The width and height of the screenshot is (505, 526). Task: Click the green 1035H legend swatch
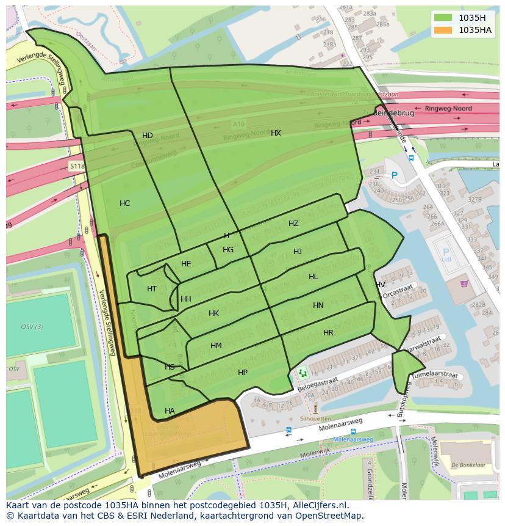pos(443,18)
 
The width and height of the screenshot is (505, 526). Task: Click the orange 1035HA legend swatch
pos(443,30)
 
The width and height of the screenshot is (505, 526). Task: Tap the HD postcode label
pos(148,136)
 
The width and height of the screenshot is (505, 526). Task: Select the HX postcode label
pos(276,133)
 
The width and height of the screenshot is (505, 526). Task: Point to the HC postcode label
pos(124,203)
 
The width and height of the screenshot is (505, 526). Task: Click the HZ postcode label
pos(293,224)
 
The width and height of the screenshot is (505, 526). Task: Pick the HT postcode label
pos(152,289)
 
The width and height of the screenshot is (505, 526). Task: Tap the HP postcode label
pos(243,373)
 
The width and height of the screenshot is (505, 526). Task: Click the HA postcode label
pos(170,411)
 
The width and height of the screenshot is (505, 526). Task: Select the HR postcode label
pos(328,333)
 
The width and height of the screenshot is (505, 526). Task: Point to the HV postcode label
pos(380,285)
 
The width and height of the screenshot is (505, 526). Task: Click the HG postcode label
pos(228,250)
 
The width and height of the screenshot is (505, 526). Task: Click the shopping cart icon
pos(464,283)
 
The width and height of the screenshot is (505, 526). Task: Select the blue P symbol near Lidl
pos(445,252)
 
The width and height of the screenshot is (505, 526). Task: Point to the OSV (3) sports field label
pos(32,327)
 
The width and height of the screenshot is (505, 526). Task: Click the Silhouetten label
pos(315,419)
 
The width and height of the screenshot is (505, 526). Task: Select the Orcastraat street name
pos(398,289)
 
